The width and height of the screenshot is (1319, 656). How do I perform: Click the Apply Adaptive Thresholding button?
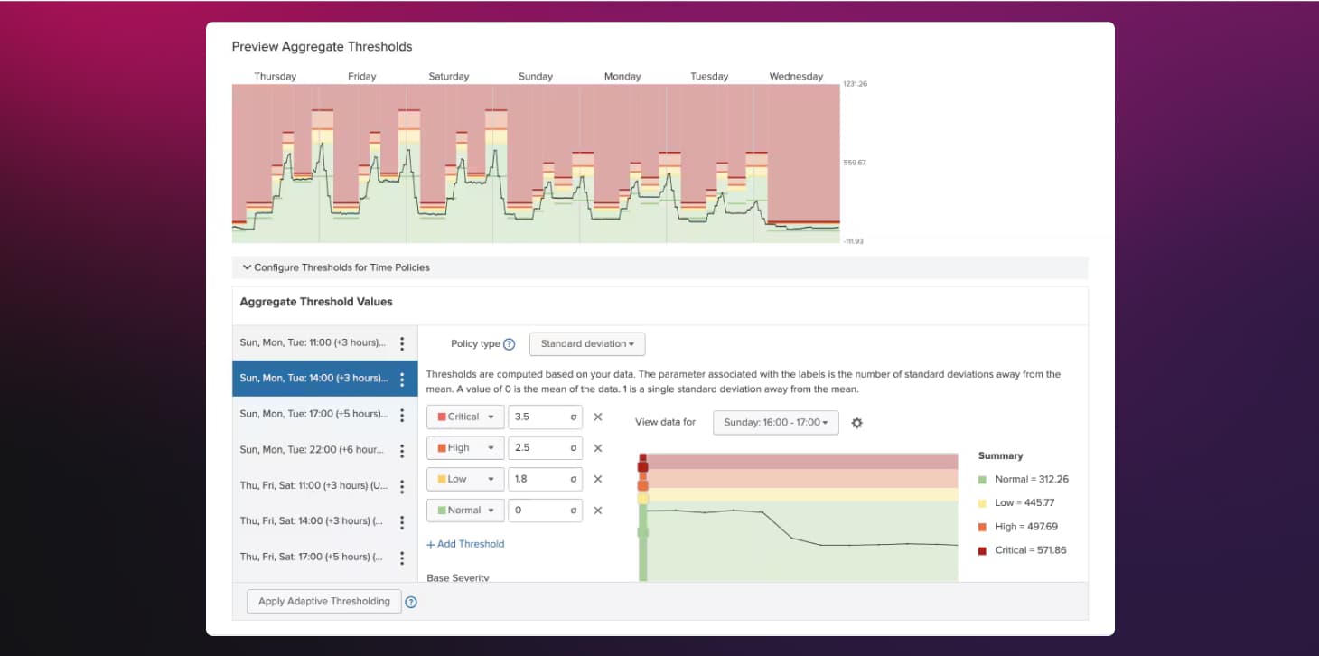click(x=324, y=601)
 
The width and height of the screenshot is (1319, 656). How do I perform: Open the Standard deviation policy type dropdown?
click(x=587, y=343)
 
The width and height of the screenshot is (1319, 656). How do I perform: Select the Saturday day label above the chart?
click(x=449, y=77)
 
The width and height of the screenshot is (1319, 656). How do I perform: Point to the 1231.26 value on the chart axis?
click(x=855, y=84)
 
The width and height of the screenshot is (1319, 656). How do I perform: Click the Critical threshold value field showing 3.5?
click(x=538, y=417)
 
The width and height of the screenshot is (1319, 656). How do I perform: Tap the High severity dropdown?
click(x=465, y=447)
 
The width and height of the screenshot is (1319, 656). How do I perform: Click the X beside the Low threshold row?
click(x=597, y=479)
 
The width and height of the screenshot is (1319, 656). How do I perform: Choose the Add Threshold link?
click(x=465, y=544)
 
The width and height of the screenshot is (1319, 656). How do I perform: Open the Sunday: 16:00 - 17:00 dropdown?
click(x=775, y=422)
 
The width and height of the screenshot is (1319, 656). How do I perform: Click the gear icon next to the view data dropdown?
click(x=857, y=423)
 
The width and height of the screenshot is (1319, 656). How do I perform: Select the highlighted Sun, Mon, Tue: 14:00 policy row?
click(x=313, y=379)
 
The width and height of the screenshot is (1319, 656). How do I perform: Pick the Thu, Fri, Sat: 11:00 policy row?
click(x=313, y=485)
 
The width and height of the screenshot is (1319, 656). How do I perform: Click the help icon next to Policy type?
click(x=509, y=344)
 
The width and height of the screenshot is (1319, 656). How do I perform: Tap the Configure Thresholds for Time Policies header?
click(x=341, y=267)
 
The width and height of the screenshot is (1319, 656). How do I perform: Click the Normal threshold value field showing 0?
click(x=538, y=510)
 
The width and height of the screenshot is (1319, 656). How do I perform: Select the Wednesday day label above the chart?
click(x=796, y=77)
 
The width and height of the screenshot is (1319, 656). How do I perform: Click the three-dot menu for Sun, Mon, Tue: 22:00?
click(x=402, y=450)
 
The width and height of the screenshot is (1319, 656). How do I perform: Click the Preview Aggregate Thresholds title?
click(x=322, y=47)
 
